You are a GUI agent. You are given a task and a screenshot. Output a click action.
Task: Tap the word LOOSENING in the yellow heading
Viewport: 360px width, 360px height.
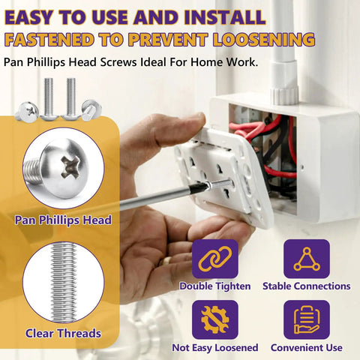(264, 40)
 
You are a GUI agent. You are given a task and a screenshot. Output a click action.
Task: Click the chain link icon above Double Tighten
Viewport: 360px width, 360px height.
(215, 259)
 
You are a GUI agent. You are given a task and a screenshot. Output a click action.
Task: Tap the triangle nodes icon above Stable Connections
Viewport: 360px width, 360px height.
(307, 259)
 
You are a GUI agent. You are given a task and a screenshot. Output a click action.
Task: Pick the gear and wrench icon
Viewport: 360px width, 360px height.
(215, 319)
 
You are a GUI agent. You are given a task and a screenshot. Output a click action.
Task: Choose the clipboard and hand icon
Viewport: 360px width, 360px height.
(307, 319)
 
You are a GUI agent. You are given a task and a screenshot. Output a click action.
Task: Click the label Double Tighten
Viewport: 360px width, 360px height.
(215, 286)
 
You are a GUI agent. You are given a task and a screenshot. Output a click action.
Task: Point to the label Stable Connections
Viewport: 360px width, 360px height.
(307, 286)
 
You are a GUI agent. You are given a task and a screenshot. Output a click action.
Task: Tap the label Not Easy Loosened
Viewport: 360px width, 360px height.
(215, 347)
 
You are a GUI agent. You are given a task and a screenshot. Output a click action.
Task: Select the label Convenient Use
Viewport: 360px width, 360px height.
(307, 347)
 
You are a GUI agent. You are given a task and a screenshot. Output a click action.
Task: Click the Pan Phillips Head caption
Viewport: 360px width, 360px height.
(63, 220)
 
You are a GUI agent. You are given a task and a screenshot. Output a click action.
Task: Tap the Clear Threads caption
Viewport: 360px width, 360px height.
(63, 333)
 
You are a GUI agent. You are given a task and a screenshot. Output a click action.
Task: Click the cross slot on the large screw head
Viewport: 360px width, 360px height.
(71, 166)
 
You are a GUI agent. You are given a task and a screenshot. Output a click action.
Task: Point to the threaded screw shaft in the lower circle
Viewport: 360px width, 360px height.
(64, 283)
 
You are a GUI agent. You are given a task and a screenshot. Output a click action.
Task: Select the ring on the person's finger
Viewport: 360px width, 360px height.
(164, 261)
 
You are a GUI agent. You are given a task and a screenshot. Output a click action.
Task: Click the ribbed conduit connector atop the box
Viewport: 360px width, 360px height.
(284, 94)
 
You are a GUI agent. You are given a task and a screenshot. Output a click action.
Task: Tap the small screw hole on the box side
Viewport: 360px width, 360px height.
(302, 166)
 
